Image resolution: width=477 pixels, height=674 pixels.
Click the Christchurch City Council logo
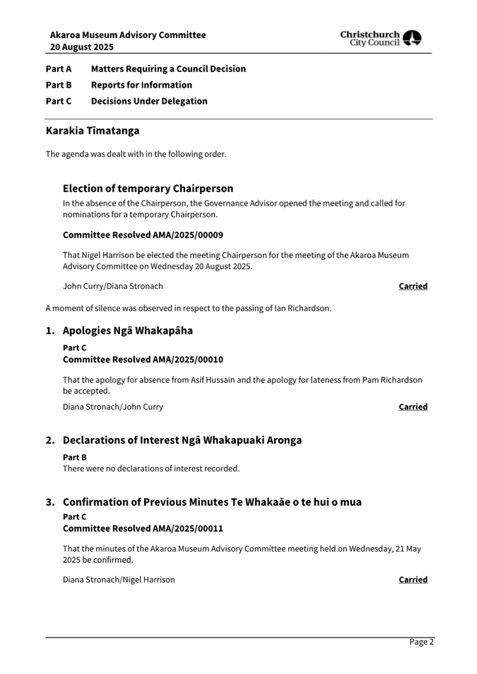(x=380, y=38)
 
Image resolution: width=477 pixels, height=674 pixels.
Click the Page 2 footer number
(x=421, y=642)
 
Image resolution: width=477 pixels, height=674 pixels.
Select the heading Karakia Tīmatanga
(x=93, y=131)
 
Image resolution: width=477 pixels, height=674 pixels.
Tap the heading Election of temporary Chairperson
(x=148, y=189)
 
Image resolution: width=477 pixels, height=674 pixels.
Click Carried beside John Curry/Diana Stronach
(x=413, y=286)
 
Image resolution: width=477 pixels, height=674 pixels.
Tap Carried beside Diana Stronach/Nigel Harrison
(x=413, y=579)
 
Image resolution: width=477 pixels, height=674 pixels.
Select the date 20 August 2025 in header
(x=81, y=47)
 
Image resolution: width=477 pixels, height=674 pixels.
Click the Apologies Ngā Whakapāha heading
(x=127, y=331)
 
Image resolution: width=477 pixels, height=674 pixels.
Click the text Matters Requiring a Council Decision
(x=168, y=69)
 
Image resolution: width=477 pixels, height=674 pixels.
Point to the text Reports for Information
(x=141, y=85)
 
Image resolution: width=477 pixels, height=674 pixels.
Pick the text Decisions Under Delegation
(x=149, y=101)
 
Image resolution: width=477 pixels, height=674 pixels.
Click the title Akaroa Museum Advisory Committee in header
(x=128, y=35)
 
